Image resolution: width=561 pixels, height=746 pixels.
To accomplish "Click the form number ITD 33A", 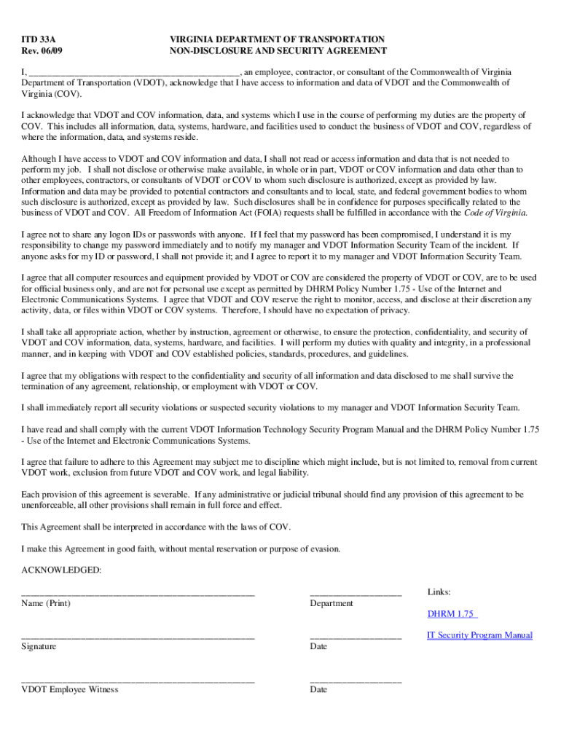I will (x=39, y=39).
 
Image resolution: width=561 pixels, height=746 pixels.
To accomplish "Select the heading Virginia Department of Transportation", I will (x=277, y=39).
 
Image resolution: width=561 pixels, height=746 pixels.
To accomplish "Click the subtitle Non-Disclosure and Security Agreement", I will (x=278, y=51).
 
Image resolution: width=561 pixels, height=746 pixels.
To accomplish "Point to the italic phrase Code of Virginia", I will (x=495, y=213).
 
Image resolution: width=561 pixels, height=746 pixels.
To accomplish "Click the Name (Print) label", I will (x=46, y=603).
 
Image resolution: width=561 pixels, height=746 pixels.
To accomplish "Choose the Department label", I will (x=331, y=603).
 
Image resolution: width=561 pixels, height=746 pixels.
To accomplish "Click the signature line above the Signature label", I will (x=138, y=637).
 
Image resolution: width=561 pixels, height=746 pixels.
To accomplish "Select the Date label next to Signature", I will (x=318, y=647).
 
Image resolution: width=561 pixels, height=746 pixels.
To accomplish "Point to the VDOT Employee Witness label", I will (x=70, y=689).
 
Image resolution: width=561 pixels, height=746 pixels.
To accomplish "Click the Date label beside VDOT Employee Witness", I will (x=318, y=689).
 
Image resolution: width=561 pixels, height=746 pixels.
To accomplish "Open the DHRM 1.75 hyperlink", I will (x=450, y=614).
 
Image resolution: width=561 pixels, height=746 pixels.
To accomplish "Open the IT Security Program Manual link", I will (x=479, y=635).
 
